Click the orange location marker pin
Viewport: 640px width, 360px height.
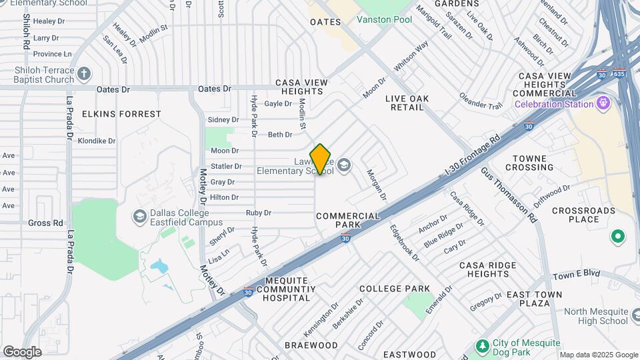[320, 159]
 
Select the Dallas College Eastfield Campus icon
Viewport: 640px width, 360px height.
[140, 216]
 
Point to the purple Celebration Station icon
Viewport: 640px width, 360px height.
[605, 103]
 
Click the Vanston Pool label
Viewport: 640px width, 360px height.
[384, 19]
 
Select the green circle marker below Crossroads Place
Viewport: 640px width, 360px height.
[617, 236]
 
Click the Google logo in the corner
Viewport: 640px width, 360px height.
[22, 351]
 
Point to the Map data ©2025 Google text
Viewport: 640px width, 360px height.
[599, 355]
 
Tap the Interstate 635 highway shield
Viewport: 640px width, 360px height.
[619, 74]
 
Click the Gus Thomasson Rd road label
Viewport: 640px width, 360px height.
[509, 193]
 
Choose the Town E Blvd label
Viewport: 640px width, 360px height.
[577, 274]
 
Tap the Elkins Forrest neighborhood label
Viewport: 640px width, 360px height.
[121, 114]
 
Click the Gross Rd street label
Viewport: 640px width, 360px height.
[45, 223]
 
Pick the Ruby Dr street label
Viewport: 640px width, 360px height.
[258, 213]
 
